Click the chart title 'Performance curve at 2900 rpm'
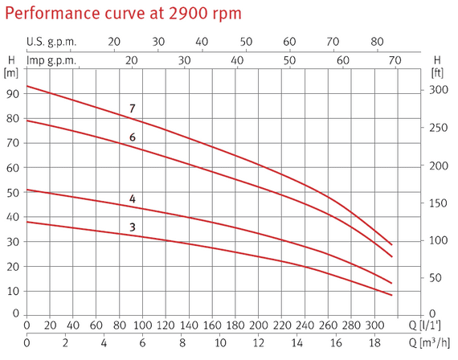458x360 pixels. [123, 14]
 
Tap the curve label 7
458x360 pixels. [133, 108]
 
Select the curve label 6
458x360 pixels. [133, 137]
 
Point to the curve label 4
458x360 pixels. [133, 199]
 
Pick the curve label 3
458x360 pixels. [133, 227]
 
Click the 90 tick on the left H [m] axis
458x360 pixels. [13, 94]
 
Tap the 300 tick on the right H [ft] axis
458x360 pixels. [439, 90]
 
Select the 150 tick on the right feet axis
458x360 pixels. [439, 202]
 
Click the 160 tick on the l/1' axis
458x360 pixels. [212, 325]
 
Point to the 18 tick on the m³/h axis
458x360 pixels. [374, 343]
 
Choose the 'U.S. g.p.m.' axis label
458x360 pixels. [51, 42]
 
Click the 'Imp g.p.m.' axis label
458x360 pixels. [51, 61]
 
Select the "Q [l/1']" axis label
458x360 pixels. [424, 325]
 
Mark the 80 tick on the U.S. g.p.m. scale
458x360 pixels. [377, 42]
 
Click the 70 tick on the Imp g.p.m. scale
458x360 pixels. [395, 60]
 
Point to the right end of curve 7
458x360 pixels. [391, 245]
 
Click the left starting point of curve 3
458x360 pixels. [27, 222]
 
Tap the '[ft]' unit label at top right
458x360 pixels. [437, 73]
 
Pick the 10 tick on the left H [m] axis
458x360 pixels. [13, 291]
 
